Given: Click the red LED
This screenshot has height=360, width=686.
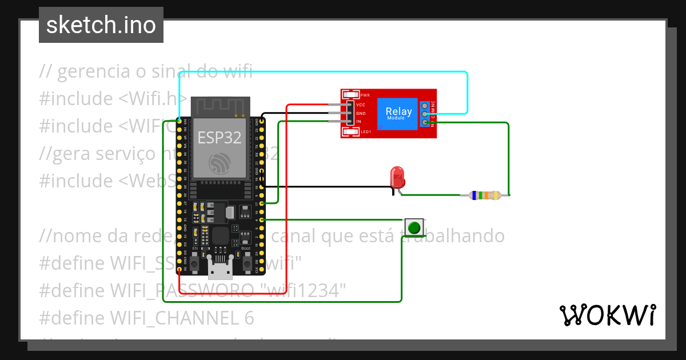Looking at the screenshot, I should point(397,178).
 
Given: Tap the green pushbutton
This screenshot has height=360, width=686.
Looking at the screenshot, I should point(414,227).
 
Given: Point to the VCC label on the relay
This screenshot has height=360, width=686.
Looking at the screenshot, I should point(361,105).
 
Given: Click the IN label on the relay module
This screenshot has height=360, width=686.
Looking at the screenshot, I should point(358,122).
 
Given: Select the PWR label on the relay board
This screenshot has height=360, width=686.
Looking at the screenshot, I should point(365,95).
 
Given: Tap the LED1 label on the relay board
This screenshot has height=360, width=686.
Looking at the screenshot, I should point(366,132).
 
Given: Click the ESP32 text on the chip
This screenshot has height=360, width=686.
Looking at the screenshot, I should point(219,137).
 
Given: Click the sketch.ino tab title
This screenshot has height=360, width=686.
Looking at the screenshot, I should point(101,25).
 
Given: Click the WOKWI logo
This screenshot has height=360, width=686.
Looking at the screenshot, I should point(607,315).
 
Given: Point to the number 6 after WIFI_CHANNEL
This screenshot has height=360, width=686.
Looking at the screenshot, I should point(248,318).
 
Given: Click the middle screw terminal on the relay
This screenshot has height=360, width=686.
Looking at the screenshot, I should point(425,114).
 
